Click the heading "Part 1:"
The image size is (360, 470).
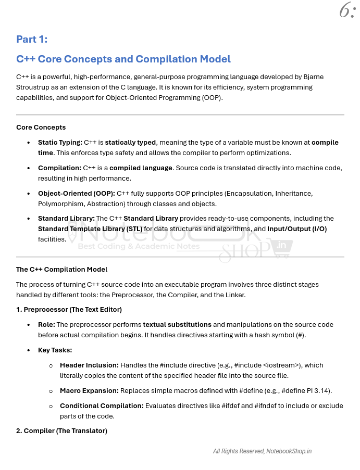click(x=32, y=40)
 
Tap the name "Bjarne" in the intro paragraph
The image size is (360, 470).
click(x=312, y=77)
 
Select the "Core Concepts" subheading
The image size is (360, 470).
click(x=41, y=127)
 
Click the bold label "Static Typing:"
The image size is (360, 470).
click(x=60, y=142)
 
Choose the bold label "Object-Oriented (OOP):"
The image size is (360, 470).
click(x=76, y=193)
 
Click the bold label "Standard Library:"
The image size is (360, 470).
click(x=66, y=218)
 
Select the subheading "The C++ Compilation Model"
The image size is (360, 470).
click(x=61, y=269)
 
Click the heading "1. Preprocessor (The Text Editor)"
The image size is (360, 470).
click(x=69, y=310)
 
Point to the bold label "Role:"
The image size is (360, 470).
click(x=46, y=324)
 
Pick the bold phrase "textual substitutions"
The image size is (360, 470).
click(x=177, y=324)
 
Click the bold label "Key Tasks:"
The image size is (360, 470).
click(x=55, y=350)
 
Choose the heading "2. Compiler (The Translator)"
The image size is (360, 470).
click(x=61, y=430)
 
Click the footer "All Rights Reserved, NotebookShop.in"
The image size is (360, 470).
click(x=262, y=451)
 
